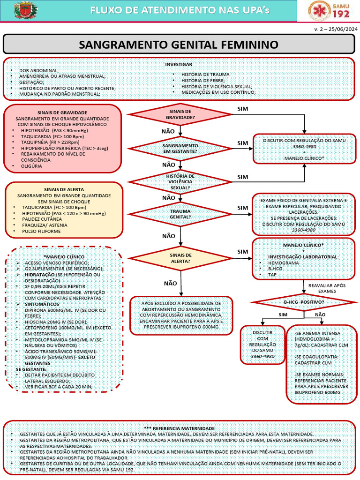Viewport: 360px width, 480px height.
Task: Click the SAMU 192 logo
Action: click(x=329, y=10)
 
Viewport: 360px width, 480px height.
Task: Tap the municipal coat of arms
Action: click(x=26, y=10)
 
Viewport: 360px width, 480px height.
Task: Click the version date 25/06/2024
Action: click(x=343, y=30)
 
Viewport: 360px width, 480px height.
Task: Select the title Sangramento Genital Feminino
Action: click(x=179, y=45)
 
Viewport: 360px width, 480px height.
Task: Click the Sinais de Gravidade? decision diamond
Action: click(x=180, y=114)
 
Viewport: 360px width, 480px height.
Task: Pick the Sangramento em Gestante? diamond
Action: click(x=180, y=149)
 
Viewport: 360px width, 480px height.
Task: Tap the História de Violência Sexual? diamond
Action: click(x=180, y=182)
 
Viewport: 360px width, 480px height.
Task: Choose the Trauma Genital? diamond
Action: click(x=180, y=214)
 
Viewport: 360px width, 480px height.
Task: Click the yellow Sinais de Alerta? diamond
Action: click(x=180, y=258)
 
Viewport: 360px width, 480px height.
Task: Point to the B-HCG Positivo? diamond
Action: click(x=304, y=302)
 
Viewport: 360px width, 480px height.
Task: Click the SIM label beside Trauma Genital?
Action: click(x=243, y=208)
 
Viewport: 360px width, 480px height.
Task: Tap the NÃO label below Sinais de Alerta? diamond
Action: click(x=171, y=284)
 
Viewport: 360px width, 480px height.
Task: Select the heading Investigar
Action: click(x=179, y=65)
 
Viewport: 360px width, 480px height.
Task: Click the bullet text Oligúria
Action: click(x=31, y=166)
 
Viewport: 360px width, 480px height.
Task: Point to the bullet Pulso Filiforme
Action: click(x=41, y=231)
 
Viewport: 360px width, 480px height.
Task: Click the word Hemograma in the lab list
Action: click(x=279, y=263)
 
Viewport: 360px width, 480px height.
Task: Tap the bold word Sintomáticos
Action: click(x=42, y=304)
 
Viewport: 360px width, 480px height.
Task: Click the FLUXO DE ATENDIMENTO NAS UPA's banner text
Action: click(x=180, y=10)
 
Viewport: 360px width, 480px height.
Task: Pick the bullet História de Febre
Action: click(x=203, y=80)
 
